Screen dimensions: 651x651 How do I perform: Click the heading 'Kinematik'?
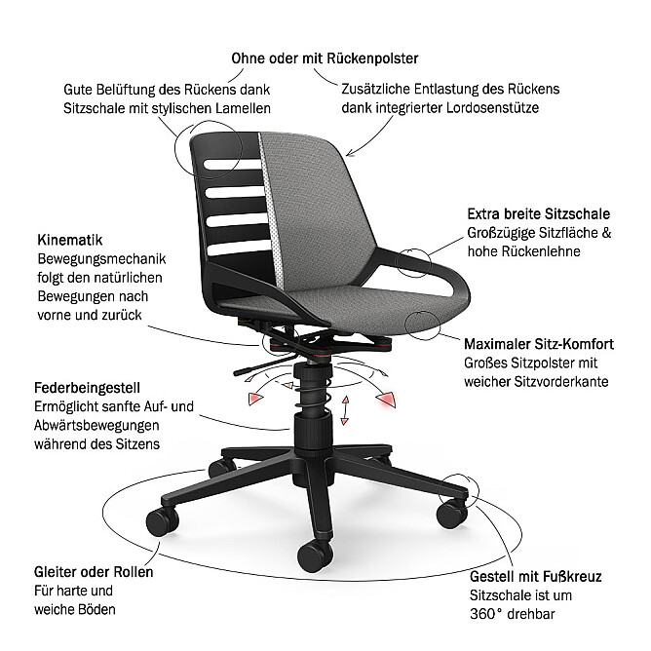pos(70,240)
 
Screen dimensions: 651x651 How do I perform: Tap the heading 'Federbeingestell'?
pos(87,388)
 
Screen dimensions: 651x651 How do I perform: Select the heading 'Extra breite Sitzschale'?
pos(539,213)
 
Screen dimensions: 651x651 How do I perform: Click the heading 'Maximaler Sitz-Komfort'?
pos(539,344)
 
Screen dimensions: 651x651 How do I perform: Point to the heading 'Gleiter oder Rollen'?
pos(94,572)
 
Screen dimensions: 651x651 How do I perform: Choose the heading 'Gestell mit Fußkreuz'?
pos(536,576)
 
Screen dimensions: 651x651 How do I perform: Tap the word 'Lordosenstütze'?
pos(492,108)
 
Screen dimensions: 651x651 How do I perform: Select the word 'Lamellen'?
pos(243,108)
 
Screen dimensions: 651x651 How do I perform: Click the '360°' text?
pos(486,614)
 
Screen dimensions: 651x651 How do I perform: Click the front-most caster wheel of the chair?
pos(315,556)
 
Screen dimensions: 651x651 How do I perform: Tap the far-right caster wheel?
pos(452,514)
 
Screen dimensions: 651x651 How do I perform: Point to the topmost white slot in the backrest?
pos(232,165)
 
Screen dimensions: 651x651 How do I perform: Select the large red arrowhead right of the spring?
pos(386,399)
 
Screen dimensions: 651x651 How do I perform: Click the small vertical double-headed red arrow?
pos(345,410)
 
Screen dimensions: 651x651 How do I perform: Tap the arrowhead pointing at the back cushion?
pos(351,153)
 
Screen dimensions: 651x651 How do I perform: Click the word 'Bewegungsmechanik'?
pos(101,259)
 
